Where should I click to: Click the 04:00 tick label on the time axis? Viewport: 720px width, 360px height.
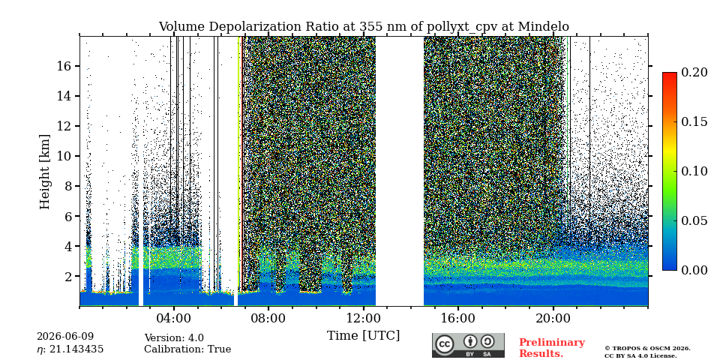(x=173, y=318)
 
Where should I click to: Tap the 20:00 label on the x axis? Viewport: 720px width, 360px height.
(x=553, y=318)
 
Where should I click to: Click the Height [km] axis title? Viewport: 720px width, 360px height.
(x=44, y=172)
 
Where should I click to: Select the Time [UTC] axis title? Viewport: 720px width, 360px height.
(x=363, y=336)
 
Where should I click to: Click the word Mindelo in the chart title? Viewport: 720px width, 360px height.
(x=543, y=27)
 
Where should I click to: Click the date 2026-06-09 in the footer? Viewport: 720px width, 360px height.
(x=64, y=337)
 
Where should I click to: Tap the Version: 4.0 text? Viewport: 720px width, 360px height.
(x=174, y=338)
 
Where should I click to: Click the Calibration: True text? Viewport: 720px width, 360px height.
(x=187, y=349)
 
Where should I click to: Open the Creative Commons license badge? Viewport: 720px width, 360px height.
(x=468, y=345)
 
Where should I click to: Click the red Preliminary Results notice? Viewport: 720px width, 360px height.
(x=552, y=348)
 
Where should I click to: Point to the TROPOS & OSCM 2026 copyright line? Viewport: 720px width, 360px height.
(x=647, y=349)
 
